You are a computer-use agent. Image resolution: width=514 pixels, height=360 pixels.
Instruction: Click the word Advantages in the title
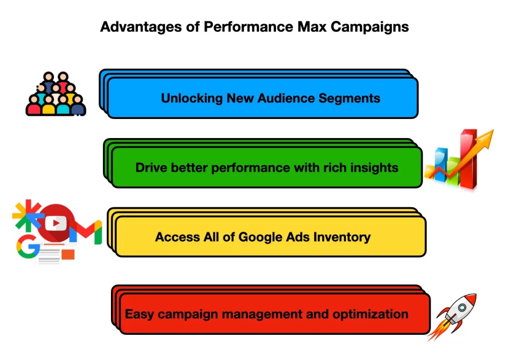pyautogui.click(x=141, y=27)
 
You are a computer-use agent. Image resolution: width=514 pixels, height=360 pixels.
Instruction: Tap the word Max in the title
pyautogui.click(x=312, y=27)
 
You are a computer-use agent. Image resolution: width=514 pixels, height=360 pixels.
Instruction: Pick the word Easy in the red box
pyautogui.click(x=140, y=314)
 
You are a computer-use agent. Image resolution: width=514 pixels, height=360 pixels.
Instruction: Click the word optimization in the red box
pyautogui.click(x=370, y=314)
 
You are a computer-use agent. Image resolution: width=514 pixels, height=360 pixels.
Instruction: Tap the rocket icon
pyautogui.click(x=452, y=317)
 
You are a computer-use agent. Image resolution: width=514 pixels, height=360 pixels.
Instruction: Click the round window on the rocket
pyautogui.click(x=462, y=308)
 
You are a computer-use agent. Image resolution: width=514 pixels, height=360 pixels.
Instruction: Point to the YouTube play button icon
pyautogui.click(x=55, y=223)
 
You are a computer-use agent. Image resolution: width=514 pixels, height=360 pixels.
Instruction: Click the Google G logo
pyautogui.click(x=28, y=247)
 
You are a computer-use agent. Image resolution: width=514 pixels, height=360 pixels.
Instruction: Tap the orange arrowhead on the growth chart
pyautogui.click(x=486, y=136)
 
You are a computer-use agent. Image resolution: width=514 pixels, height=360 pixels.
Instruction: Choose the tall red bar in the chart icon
pyautogui.click(x=468, y=159)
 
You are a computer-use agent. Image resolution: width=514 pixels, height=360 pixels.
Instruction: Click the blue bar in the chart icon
pyautogui.click(x=441, y=164)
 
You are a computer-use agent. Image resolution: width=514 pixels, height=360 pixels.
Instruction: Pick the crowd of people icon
pyautogui.click(x=56, y=94)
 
